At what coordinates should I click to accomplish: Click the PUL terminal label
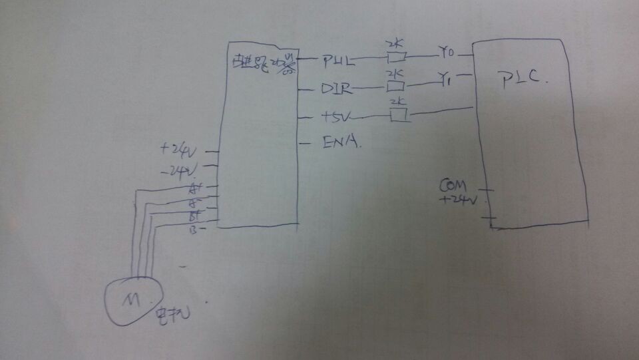tap(337, 61)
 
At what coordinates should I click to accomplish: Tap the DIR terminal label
tap(337, 89)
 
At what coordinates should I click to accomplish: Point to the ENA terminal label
tap(341, 142)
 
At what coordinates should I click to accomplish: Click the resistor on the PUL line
tap(395, 58)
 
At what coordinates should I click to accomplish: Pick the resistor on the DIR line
tap(395, 86)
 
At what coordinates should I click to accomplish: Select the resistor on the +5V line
tap(399, 116)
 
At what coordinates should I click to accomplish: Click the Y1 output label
tap(447, 80)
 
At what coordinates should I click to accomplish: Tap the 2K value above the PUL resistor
tap(395, 44)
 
